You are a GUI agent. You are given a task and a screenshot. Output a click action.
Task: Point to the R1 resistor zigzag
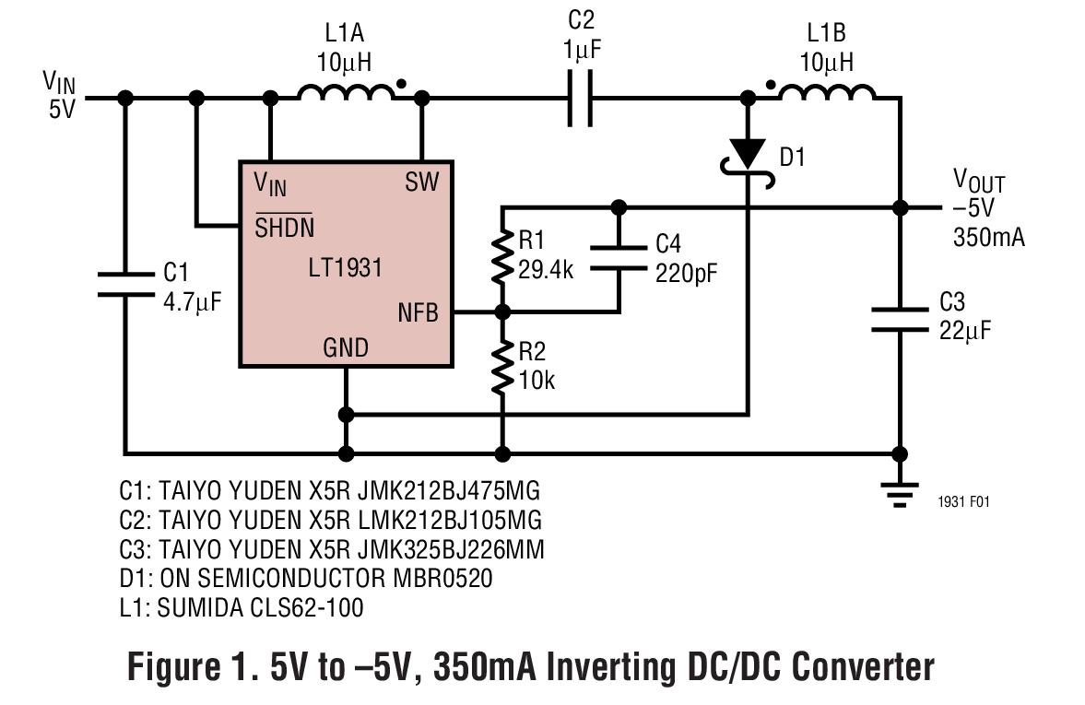pyautogui.click(x=501, y=257)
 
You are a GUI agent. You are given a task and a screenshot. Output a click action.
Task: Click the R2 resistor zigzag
pyautogui.click(x=501, y=365)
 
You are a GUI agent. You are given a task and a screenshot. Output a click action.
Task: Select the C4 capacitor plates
pyautogui.click(x=619, y=257)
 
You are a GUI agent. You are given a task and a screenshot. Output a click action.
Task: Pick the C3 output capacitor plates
pyautogui.click(x=897, y=321)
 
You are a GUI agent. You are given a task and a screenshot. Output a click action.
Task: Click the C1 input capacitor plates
pyautogui.click(x=125, y=284)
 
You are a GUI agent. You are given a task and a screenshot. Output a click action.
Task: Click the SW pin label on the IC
pyautogui.click(x=422, y=182)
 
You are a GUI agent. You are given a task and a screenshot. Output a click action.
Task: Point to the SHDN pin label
pyautogui.click(x=285, y=227)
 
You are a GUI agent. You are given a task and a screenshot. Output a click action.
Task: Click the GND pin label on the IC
pyautogui.click(x=346, y=347)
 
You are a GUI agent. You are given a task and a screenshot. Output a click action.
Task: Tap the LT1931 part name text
pyautogui.click(x=345, y=269)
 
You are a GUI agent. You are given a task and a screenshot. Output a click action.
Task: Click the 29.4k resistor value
pyautogui.click(x=546, y=271)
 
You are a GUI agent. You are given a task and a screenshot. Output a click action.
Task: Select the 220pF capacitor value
pyautogui.click(x=686, y=273)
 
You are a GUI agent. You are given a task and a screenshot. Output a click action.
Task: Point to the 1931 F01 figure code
pyautogui.click(x=963, y=502)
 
